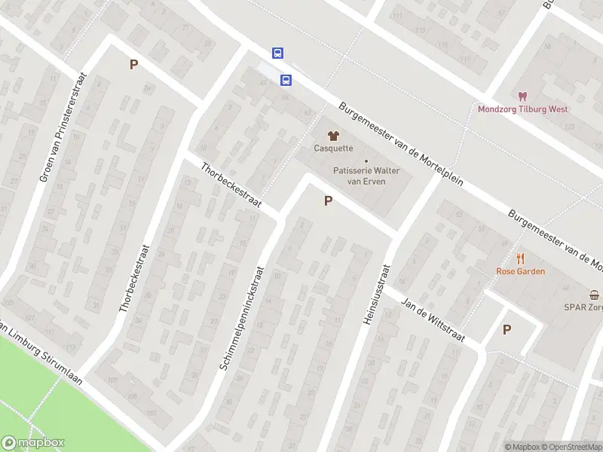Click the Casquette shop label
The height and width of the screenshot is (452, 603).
point(333,148)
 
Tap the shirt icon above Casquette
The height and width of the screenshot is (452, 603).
point(333,135)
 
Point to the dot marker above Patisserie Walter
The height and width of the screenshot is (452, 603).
point(366,160)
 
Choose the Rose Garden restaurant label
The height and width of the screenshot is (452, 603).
point(520,271)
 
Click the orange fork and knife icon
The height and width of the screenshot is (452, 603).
point(520,258)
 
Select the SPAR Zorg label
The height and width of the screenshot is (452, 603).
point(583,307)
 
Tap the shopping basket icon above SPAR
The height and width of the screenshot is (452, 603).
point(595,295)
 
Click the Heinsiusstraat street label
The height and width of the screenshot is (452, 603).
point(377,294)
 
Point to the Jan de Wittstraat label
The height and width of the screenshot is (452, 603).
point(433,317)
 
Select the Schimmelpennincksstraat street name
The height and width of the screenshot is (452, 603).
point(243,316)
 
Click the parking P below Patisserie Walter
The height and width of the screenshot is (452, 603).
point(328,201)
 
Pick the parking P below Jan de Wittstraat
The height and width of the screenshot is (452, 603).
point(507,329)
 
